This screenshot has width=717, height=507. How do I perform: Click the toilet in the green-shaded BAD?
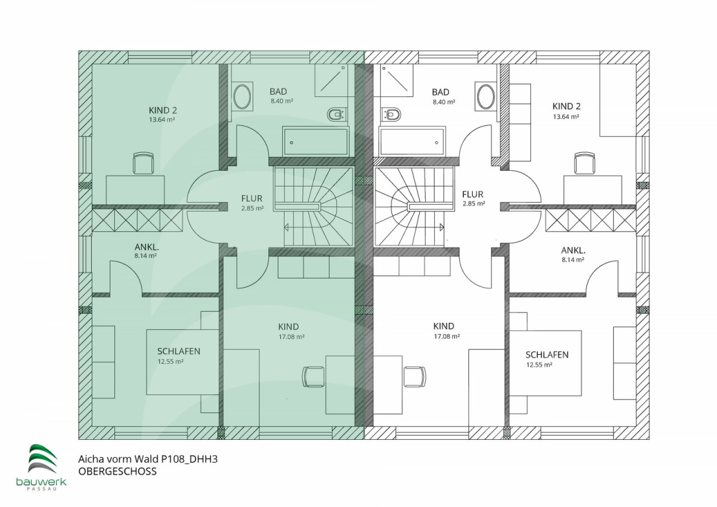(337, 115)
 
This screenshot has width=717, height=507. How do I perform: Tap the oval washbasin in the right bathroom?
(486, 96)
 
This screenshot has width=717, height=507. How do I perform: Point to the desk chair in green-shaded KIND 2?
(143, 163)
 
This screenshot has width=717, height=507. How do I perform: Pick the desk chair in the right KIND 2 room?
(585, 163)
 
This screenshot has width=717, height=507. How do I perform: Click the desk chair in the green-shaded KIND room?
(314, 377)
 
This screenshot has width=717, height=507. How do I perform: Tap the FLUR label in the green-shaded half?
(252, 199)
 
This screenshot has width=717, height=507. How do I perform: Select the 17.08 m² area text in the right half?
(447, 336)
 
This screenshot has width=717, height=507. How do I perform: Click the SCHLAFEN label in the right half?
(547, 355)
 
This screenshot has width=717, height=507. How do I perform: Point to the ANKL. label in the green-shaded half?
(147, 247)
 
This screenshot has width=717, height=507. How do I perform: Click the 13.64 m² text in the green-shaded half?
(162, 120)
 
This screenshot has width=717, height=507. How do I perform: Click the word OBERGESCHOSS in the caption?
(118, 472)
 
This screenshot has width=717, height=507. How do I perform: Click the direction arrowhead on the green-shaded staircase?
(286, 227)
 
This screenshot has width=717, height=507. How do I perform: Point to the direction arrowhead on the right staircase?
(442, 227)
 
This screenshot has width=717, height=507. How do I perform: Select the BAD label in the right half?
(440, 92)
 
